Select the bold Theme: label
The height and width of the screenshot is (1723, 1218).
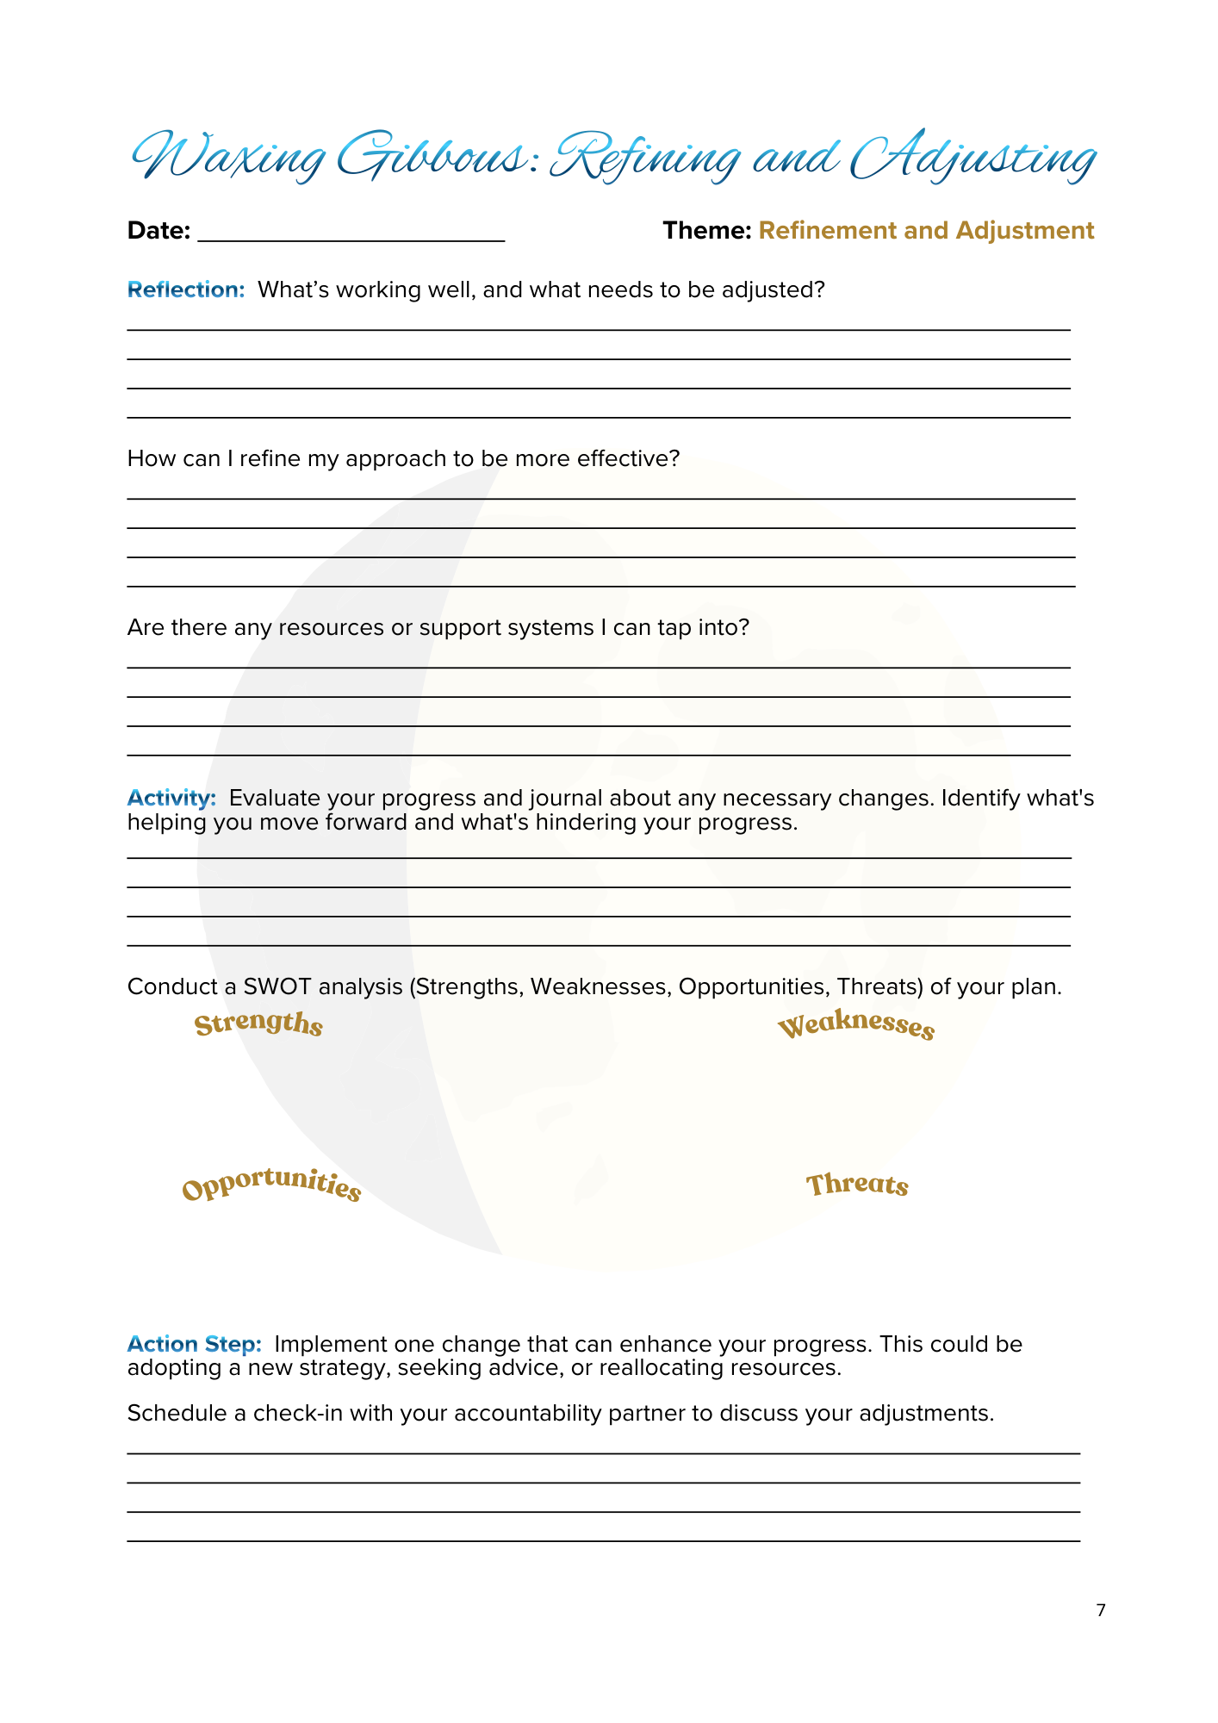click(x=706, y=231)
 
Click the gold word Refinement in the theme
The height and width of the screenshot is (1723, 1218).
click(x=828, y=231)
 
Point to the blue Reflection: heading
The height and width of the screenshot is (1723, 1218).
click(x=186, y=290)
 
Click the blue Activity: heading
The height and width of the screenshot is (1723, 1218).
click(x=171, y=799)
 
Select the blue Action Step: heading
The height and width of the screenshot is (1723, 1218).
click(x=194, y=1345)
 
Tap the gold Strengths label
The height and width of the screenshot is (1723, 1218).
click(x=258, y=1024)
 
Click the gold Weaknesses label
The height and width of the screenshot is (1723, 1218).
click(x=855, y=1025)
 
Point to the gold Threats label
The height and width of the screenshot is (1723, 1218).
click(x=857, y=1185)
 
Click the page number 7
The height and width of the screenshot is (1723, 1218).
click(x=1100, y=1611)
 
